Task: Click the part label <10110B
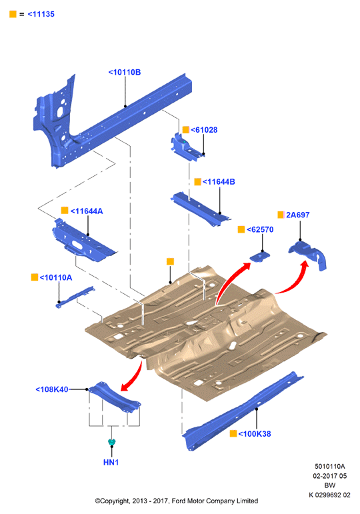tap(125, 72)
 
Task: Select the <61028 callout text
tap(204, 130)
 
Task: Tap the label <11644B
tap(219, 181)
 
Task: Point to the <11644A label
tap(87, 211)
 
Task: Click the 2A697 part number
tap(298, 215)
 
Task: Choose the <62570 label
tap(260, 229)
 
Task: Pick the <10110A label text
tap(56, 277)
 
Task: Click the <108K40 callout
tap(52, 389)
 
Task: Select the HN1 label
tap(111, 462)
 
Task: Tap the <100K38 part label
tap(255, 434)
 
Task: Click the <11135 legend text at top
tap(41, 14)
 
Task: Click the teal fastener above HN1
tap(111, 442)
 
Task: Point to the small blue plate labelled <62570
tap(260, 256)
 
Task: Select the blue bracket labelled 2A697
tap(308, 254)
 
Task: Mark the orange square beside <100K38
tap(233, 433)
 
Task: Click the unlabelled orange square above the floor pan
tap(170, 261)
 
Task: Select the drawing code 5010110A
tap(330, 466)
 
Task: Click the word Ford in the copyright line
tap(178, 501)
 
